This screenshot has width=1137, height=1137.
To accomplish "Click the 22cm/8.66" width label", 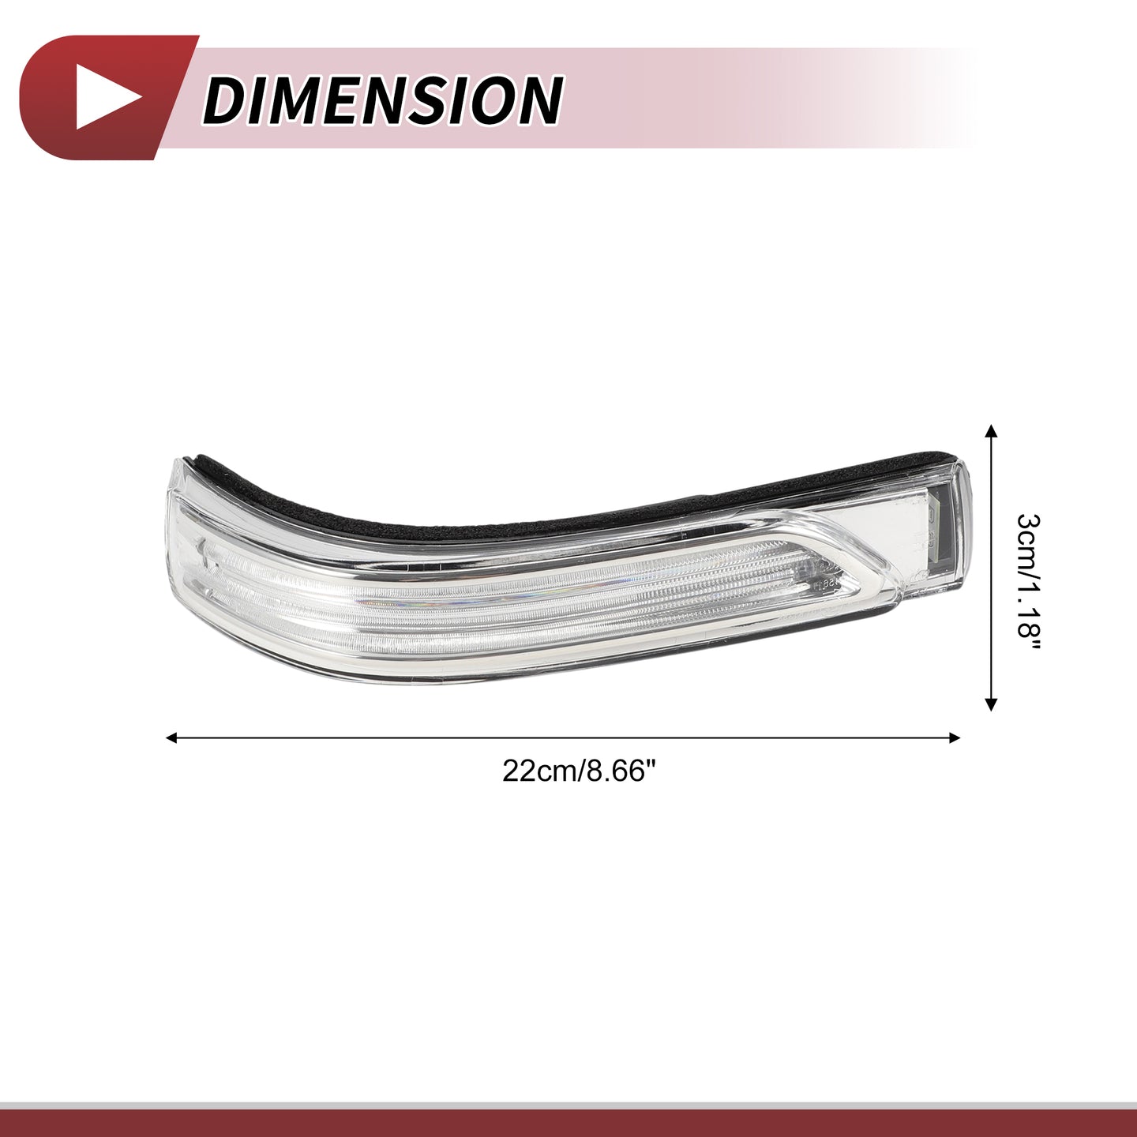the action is pos(580,771).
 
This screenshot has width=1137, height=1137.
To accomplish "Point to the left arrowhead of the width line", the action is pos(172,737).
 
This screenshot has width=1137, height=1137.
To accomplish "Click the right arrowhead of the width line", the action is pos(954,737).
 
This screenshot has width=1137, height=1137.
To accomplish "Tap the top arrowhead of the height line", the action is pos(992,429).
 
